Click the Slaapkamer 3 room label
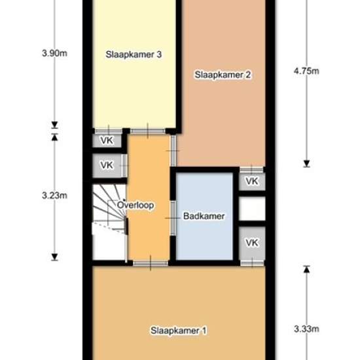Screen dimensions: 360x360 pyautogui.click(x=134, y=54)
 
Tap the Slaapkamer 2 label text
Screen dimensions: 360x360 pyautogui.click(x=223, y=75)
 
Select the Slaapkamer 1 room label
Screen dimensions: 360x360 pyautogui.click(x=179, y=331)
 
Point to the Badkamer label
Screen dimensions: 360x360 pyautogui.click(x=204, y=216)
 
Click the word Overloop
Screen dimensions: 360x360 pyautogui.click(x=135, y=205)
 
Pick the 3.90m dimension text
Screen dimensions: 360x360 pyautogui.click(x=54, y=53)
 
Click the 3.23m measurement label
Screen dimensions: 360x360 pyautogui.click(x=54, y=196)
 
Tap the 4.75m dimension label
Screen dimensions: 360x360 pyautogui.click(x=306, y=71)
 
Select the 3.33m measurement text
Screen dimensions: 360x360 pyautogui.click(x=306, y=329)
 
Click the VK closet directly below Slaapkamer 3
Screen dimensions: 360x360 pyautogui.click(x=107, y=141)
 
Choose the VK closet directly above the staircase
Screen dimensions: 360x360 pyautogui.click(x=107, y=166)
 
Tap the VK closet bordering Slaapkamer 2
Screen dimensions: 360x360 pyautogui.click(x=252, y=181)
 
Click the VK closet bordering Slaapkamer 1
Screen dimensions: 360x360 pyautogui.click(x=252, y=243)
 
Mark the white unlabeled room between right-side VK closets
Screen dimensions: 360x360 pyautogui.click(x=252, y=208)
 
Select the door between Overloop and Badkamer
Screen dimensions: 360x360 pyautogui.click(x=173, y=218)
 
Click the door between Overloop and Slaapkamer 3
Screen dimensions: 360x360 pyautogui.click(x=148, y=132)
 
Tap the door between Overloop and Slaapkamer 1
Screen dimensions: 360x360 pyautogui.click(x=151, y=263)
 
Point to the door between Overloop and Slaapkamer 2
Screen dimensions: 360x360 pyautogui.click(x=173, y=151)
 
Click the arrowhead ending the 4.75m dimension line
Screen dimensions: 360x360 pyautogui.click(x=306, y=164)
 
